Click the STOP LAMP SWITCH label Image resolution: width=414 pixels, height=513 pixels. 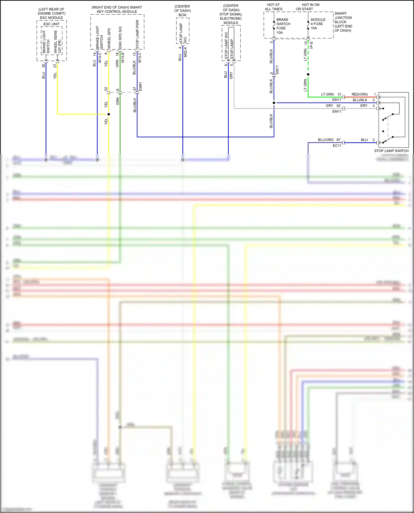pyautogui.click(x=391, y=151)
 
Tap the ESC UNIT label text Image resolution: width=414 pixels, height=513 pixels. pyautogui.click(x=51, y=24)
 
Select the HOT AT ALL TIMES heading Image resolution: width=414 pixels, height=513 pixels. pyautogui.click(x=274, y=7)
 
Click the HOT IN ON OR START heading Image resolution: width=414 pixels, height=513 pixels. pyautogui.click(x=307, y=7)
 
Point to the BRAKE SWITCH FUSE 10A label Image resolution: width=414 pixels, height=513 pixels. pyautogui.click(x=283, y=26)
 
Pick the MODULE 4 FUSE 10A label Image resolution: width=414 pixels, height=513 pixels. pyautogui.click(x=318, y=24)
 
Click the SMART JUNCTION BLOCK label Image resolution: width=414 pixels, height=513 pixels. pyautogui.click(x=343, y=22)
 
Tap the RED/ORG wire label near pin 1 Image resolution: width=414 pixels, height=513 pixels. pyautogui.click(x=359, y=94)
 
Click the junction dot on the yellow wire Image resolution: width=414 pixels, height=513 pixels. pyautogui.click(x=108, y=114)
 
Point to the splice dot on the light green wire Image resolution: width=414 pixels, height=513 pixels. pyautogui.click(x=308, y=74)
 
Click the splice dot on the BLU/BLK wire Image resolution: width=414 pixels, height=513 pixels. pyautogui.click(x=274, y=103)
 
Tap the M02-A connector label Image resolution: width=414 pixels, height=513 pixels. pyautogui.click(x=185, y=52)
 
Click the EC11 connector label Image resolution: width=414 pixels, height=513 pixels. pyautogui.click(x=337, y=146)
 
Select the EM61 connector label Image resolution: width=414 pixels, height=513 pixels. pyautogui.click(x=140, y=86)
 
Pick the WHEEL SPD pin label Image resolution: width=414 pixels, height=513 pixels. pyautogui.click(x=109, y=39)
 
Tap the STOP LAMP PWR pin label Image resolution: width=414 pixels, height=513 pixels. pyautogui.click(x=137, y=33)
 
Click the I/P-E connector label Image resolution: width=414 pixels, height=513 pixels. pyautogui.click(x=311, y=45)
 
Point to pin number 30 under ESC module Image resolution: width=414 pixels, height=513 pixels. pyautogui.click(x=43, y=66)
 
